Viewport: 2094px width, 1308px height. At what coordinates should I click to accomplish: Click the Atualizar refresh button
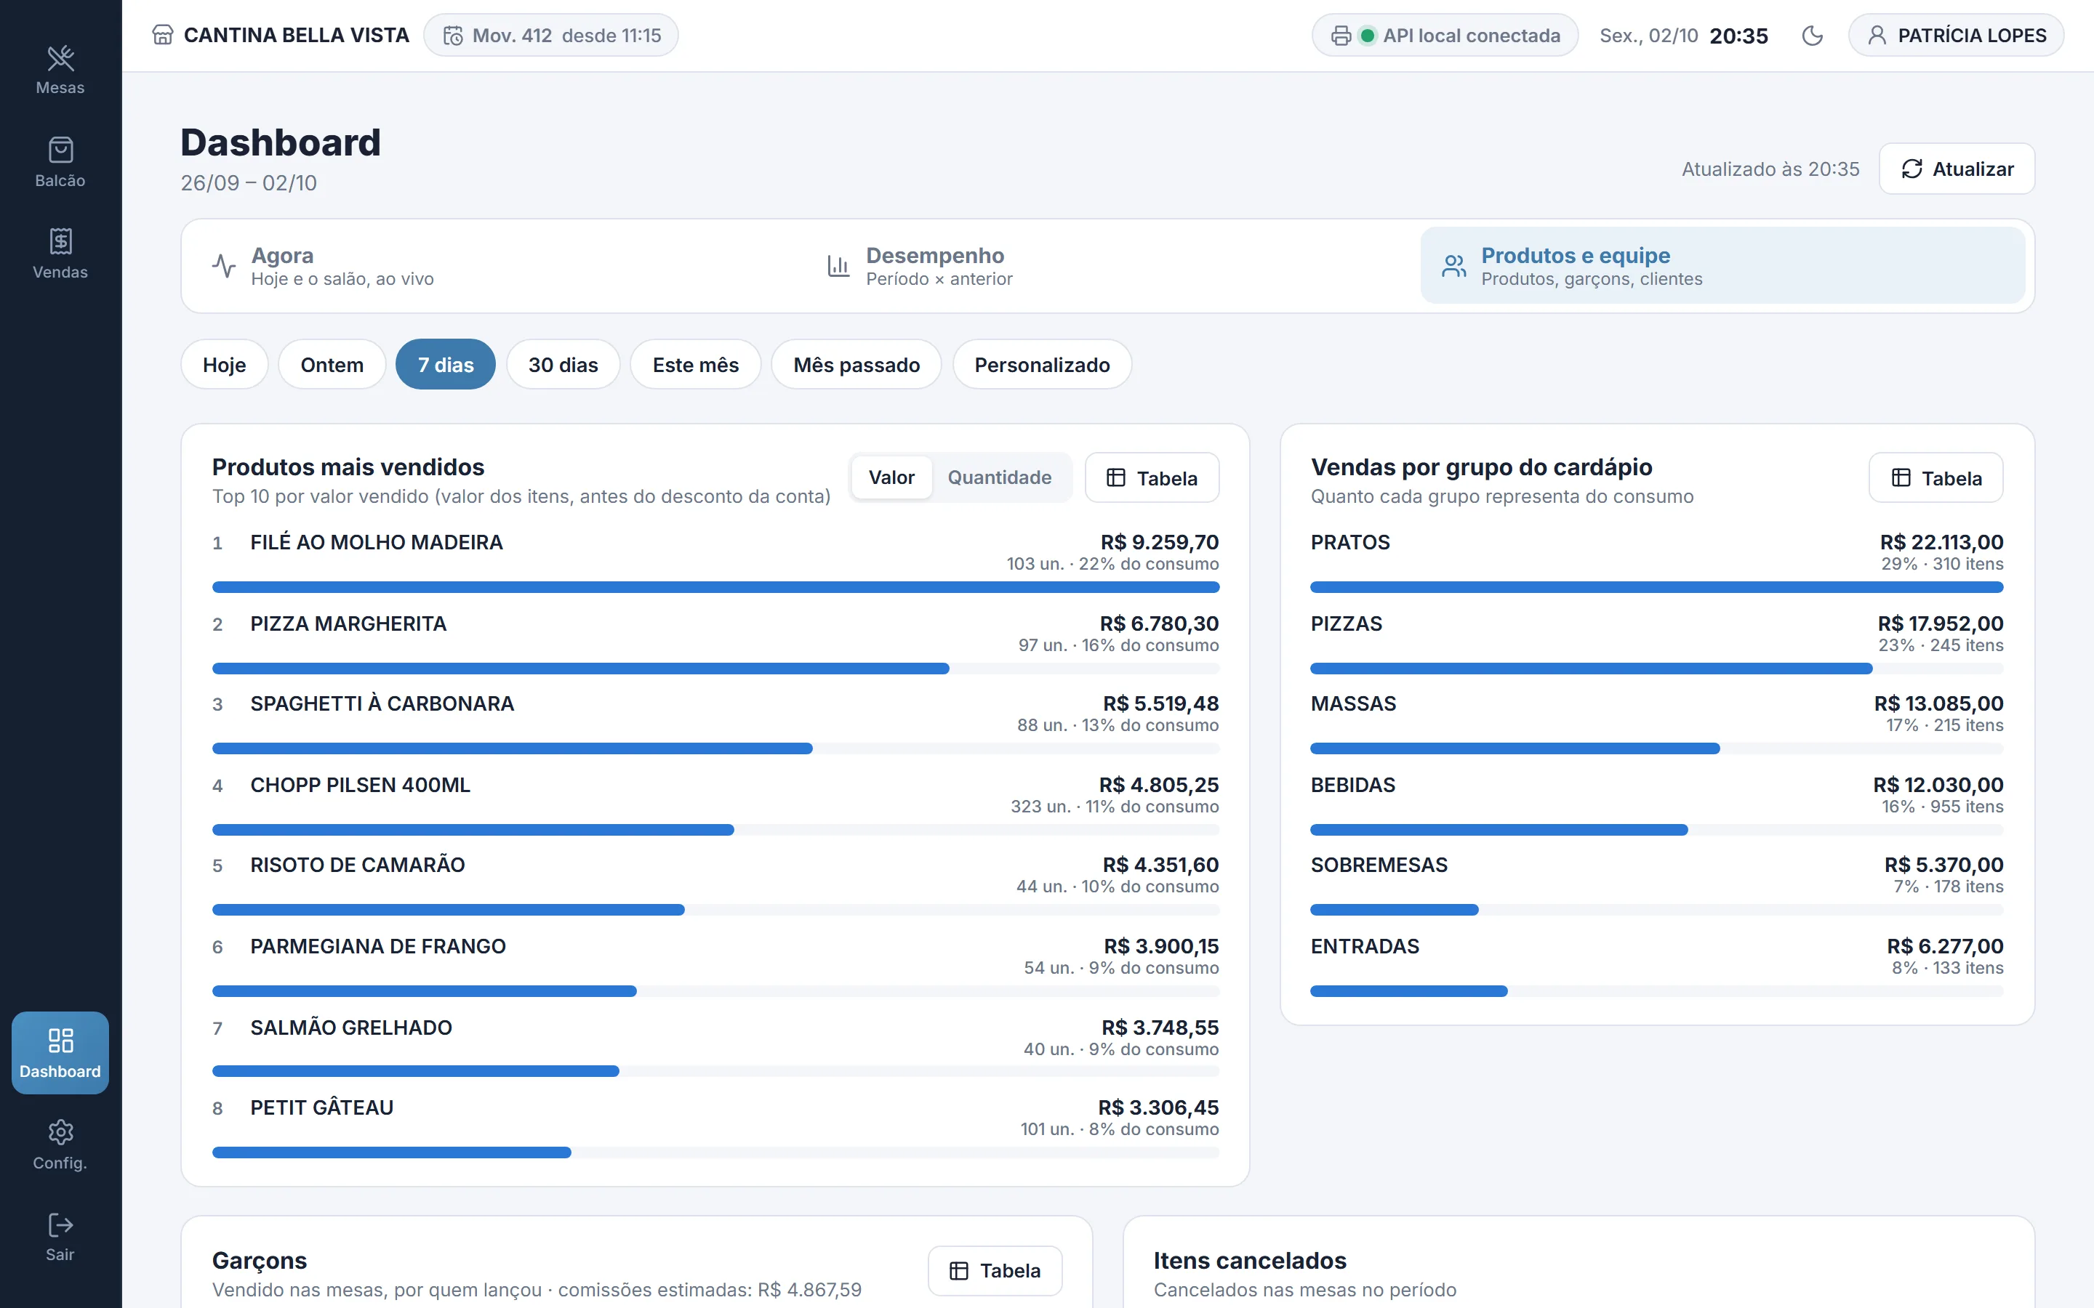[1957, 169]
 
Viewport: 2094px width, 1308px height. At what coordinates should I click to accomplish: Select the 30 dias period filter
[563, 364]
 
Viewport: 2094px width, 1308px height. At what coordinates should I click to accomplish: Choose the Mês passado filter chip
[856, 364]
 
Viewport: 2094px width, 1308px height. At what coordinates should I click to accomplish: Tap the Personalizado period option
[1042, 364]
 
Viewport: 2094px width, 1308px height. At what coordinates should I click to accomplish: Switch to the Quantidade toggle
[1000, 477]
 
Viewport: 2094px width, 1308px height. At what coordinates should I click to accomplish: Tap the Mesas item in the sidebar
[60, 70]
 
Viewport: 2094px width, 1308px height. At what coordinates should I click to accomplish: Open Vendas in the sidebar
[60, 254]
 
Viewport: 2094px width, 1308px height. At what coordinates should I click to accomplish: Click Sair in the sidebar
[60, 1237]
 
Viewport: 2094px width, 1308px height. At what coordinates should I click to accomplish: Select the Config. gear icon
[60, 1131]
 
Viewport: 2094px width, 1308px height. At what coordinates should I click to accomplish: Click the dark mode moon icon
[1812, 36]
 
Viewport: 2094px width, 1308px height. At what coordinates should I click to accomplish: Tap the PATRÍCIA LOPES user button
[1956, 36]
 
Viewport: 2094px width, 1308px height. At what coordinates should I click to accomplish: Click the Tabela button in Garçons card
[995, 1270]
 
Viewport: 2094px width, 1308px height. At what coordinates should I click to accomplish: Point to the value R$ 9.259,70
[1160, 542]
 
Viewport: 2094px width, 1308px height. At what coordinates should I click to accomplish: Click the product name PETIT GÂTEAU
[322, 1107]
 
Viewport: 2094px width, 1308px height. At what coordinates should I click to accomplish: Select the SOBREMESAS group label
[1379, 865]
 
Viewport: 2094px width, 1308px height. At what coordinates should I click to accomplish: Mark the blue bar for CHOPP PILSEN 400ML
[473, 831]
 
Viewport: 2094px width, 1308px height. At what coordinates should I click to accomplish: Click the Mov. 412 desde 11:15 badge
[551, 36]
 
